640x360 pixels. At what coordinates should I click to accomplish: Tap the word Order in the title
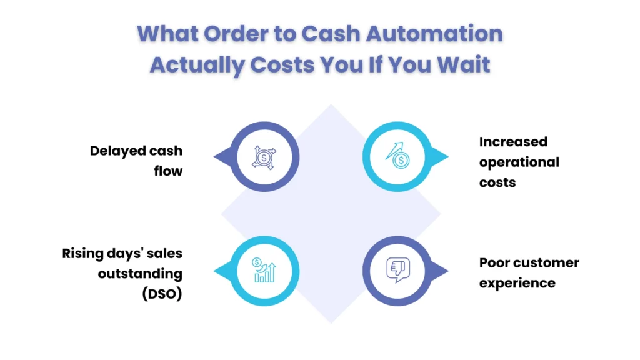(244, 34)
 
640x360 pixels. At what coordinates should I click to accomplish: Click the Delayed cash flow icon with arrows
(264, 156)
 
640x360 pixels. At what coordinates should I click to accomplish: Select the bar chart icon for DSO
(264, 271)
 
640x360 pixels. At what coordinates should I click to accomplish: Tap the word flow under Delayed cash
(168, 171)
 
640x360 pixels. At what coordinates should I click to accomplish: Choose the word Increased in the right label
(513, 142)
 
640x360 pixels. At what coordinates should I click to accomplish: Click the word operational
(519, 162)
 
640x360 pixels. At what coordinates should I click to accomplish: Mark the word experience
(517, 282)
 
